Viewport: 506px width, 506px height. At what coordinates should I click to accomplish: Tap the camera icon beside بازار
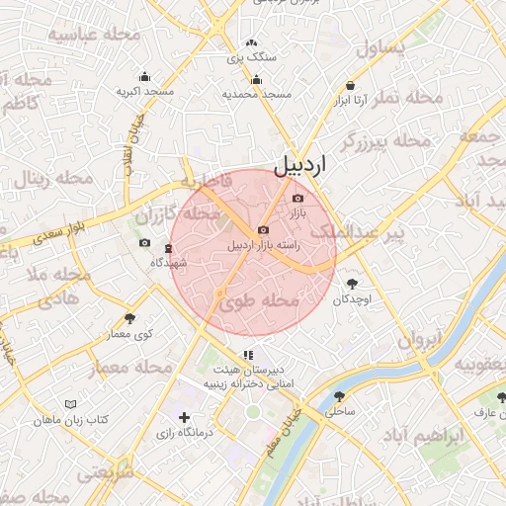tap(297, 199)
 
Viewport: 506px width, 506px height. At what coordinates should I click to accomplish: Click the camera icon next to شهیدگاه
tap(145, 243)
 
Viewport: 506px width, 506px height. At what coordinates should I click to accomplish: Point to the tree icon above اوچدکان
tap(351, 283)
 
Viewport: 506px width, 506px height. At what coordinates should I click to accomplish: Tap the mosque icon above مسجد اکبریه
tap(145, 77)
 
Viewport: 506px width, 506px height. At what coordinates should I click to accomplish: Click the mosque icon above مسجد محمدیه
tap(257, 80)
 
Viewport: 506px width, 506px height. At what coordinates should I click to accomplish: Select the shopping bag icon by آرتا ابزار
tap(351, 85)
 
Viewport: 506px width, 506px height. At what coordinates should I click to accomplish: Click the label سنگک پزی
tap(252, 57)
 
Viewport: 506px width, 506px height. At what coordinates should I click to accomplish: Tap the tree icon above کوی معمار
tap(130, 318)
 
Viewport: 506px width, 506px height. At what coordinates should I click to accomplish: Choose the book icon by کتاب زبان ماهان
tap(70, 404)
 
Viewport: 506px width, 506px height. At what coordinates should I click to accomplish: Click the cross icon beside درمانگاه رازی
tap(183, 418)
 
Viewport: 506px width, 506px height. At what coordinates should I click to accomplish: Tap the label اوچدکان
tap(351, 298)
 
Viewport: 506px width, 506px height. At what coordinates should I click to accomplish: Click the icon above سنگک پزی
tap(251, 42)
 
